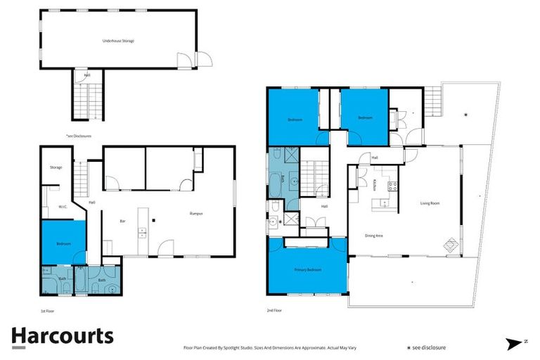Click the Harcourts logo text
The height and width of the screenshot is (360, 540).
pyautogui.click(x=62, y=336)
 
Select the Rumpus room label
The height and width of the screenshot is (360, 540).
pyautogui.click(x=196, y=213)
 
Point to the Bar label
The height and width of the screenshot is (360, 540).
pyautogui.click(x=122, y=221)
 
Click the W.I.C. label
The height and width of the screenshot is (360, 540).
pyautogui.click(x=62, y=207)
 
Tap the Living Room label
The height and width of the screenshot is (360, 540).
pyautogui.click(x=430, y=203)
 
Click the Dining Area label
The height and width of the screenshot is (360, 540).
pyautogui.click(x=373, y=236)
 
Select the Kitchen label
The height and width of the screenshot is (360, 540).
pyautogui.click(x=375, y=185)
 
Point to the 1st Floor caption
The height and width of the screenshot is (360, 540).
pyautogui.click(x=48, y=309)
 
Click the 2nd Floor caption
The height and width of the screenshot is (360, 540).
pyautogui.click(x=274, y=309)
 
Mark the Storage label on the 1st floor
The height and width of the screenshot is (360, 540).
pyautogui.click(x=56, y=167)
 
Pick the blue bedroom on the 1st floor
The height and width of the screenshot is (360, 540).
pyautogui.click(x=63, y=243)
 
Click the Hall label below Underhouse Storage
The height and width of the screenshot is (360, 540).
pyautogui.click(x=86, y=75)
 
